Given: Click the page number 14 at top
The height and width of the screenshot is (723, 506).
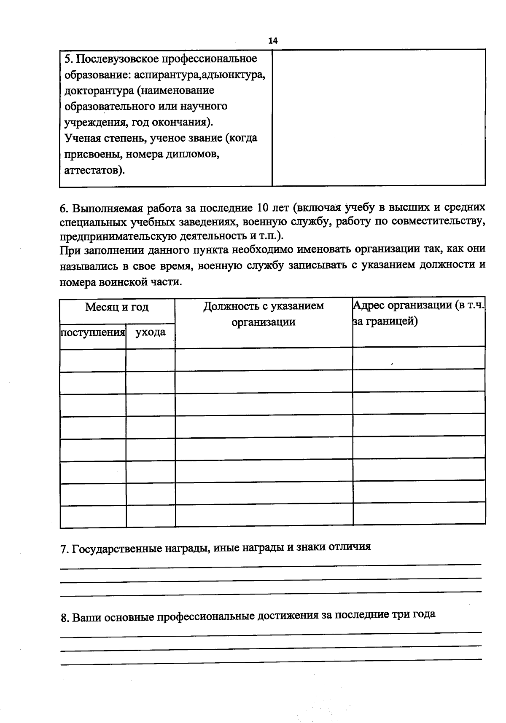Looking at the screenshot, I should (x=273, y=41).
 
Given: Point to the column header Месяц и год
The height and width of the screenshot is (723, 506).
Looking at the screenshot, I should (x=117, y=307).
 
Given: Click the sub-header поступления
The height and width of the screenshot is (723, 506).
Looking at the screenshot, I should (x=93, y=332).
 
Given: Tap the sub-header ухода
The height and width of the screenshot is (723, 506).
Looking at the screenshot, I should (x=150, y=332).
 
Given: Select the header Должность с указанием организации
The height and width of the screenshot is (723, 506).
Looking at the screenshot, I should (x=264, y=314).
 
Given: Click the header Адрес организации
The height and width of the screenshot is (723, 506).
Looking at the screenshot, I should (x=419, y=305).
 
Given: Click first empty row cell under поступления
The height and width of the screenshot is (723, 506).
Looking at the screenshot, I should (x=93, y=360).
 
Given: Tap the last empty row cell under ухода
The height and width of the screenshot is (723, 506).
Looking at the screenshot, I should (x=151, y=516).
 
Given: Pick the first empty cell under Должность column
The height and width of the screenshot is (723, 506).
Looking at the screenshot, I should (x=264, y=359).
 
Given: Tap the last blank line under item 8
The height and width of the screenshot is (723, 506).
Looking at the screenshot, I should (x=270, y=661).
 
